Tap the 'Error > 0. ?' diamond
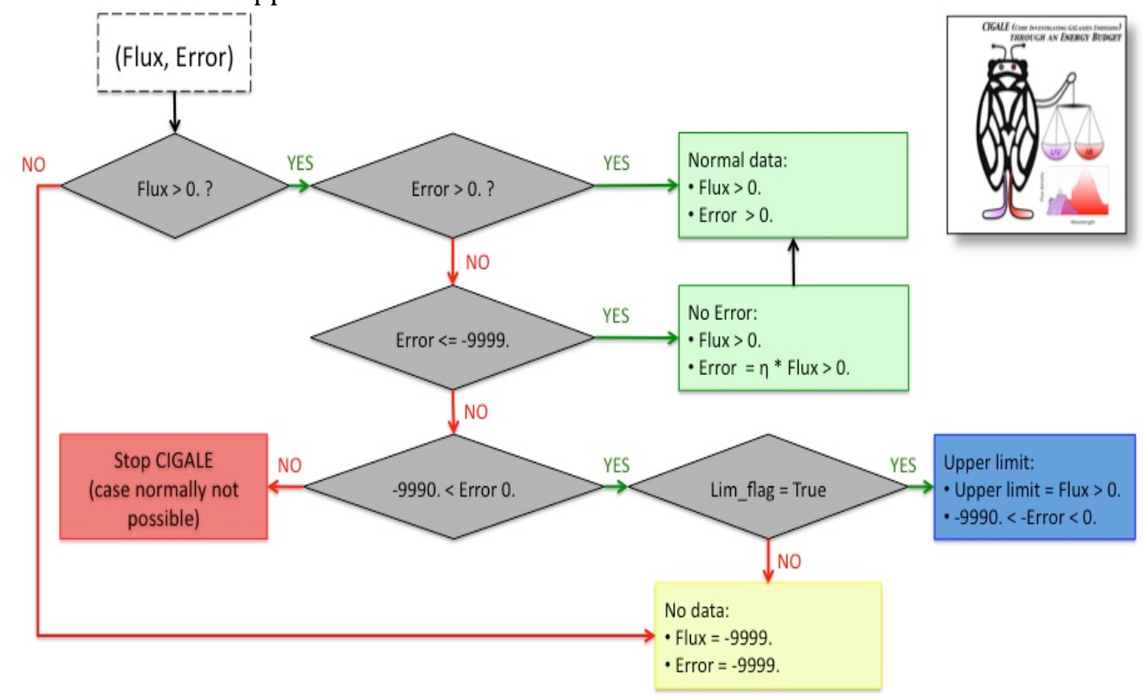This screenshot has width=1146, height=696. click(x=452, y=185)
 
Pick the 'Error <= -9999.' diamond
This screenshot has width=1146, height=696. click(x=452, y=338)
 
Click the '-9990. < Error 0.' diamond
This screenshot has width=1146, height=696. click(x=452, y=488)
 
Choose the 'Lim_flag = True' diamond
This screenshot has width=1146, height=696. click(x=768, y=489)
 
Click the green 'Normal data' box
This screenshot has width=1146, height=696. click(x=793, y=185)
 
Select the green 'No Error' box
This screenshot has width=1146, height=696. click(x=793, y=338)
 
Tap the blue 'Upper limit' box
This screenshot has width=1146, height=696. click(x=1034, y=487)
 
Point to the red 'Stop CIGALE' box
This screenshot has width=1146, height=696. click(x=164, y=487)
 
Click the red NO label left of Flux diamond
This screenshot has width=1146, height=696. click(x=34, y=165)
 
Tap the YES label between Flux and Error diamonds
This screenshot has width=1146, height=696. click(x=299, y=164)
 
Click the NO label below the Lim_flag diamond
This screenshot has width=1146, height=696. click(x=788, y=562)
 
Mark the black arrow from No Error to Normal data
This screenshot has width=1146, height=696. click(x=793, y=262)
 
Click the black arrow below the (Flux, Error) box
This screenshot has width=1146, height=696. click(x=175, y=112)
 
